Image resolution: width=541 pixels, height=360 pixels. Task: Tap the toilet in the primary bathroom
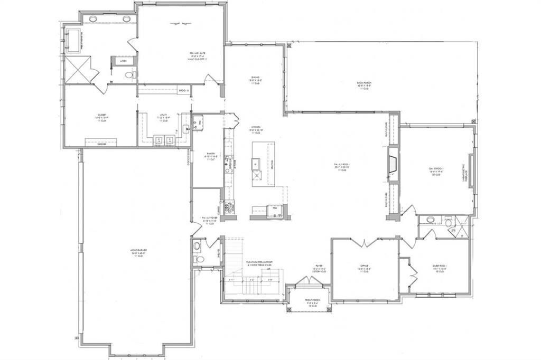pyautogui.click(x=128, y=75)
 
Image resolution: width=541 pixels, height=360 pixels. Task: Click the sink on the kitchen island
pyautogui.click(x=257, y=162)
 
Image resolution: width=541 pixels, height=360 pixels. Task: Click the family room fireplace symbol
pyautogui.click(x=393, y=165)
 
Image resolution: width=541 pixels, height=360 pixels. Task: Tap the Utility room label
pyautogui.click(x=164, y=118)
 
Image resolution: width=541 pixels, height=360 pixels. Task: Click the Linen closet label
pyautogui.click(x=124, y=62)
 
